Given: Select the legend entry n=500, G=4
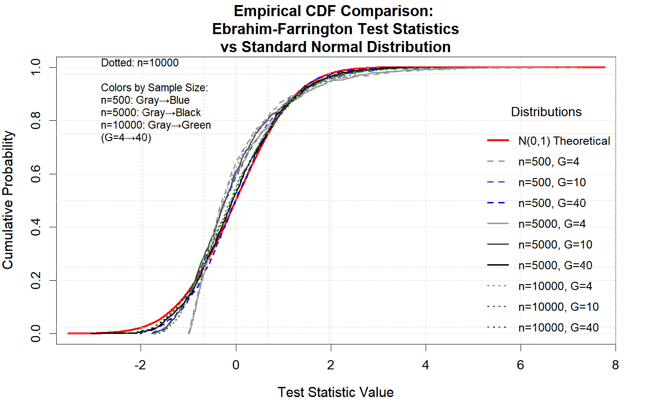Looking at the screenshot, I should pyautogui.click(x=548, y=162).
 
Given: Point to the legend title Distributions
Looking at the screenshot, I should pyautogui.click(x=546, y=112).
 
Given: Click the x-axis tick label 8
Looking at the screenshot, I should pyautogui.click(x=615, y=365).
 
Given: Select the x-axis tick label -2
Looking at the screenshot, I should pyautogui.click(x=140, y=365).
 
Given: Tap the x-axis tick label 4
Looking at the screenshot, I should pyautogui.click(x=425, y=365).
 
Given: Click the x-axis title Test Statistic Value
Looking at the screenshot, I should pyautogui.click(x=335, y=392).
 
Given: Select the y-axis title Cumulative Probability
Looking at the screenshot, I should pyautogui.click(x=8, y=200).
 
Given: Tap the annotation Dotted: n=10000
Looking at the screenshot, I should pyautogui.click(x=140, y=63).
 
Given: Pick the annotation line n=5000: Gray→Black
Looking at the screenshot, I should pyautogui.click(x=151, y=113).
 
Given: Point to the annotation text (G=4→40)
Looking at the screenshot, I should pyautogui.click(x=126, y=137).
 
